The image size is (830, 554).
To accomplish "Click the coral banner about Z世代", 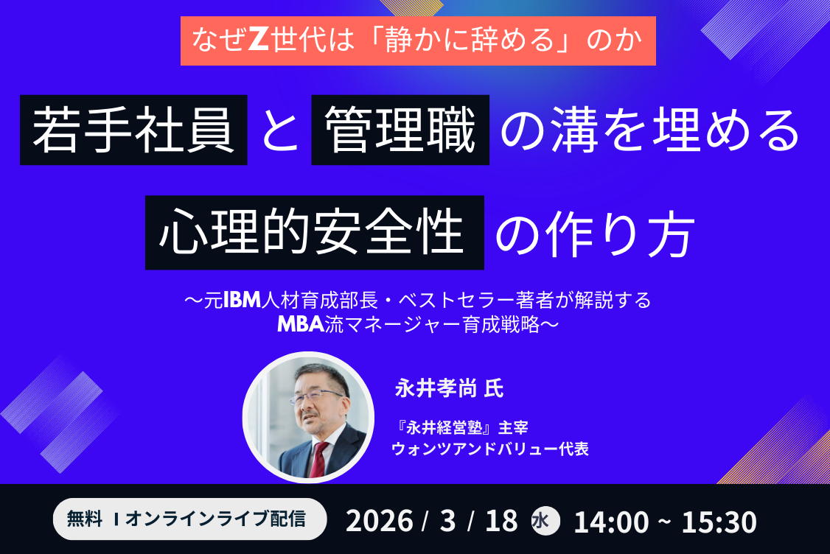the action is (418, 41).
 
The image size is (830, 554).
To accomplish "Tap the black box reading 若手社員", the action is (133, 130).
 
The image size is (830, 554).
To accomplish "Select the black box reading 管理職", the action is (400, 130).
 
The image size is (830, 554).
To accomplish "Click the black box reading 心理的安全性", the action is (315, 233).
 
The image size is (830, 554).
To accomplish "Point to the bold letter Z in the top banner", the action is (259, 41).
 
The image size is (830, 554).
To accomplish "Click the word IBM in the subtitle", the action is (243, 300).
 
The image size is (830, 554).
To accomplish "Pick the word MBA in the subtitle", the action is (301, 324).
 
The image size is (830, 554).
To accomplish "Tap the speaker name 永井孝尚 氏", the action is (449, 388).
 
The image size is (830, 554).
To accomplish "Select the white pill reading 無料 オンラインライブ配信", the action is (189, 519).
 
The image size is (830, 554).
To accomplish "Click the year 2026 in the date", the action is (379, 521).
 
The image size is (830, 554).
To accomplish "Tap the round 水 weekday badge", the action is (545, 521).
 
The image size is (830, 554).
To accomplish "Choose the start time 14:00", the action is (611, 522).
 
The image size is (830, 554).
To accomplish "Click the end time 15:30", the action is (719, 522).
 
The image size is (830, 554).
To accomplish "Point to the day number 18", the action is (501, 521).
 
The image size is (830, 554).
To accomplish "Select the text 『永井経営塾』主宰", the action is (460, 427).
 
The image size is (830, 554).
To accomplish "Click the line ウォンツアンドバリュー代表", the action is (490, 449).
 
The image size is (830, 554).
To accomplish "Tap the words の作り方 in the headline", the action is (595, 235).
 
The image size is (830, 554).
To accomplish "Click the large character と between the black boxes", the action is (280, 130).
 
